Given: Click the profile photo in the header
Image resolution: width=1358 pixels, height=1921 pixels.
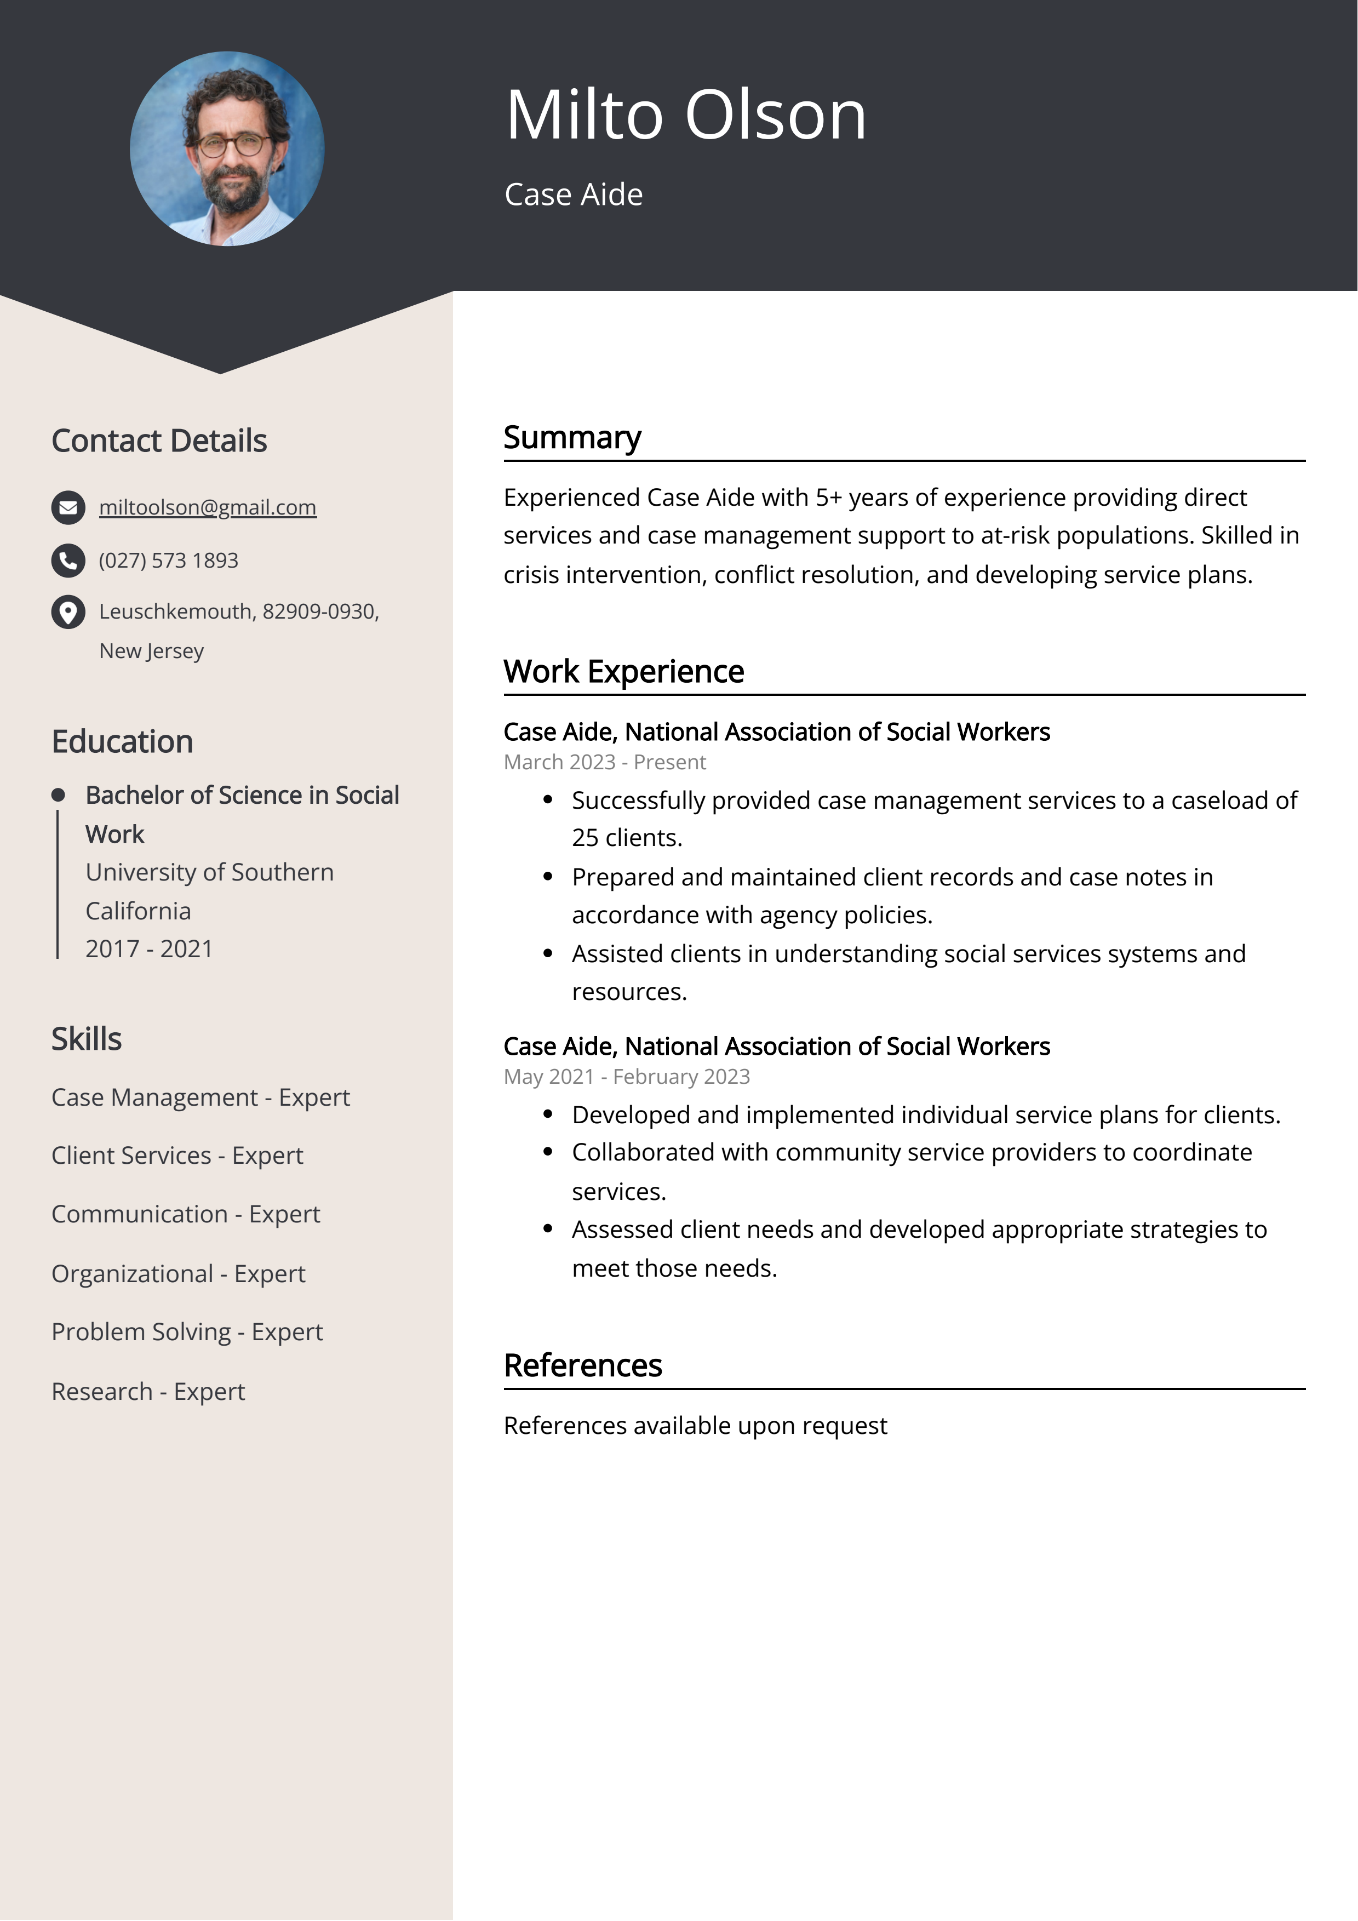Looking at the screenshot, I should point(227,149).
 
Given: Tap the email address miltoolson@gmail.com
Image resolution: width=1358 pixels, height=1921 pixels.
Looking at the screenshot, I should point(208,507).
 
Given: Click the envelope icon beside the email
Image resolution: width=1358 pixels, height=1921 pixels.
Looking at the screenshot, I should point(68,508).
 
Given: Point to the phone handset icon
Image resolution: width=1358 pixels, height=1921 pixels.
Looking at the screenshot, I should point(68,561).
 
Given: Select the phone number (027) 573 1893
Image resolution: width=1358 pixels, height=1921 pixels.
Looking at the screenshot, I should point(168,561).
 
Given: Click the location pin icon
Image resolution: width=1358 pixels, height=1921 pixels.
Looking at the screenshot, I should point(68,613).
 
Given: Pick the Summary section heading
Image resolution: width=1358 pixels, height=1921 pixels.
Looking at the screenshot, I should point(572,438).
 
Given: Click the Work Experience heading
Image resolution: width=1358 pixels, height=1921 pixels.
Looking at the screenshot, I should point(623,672).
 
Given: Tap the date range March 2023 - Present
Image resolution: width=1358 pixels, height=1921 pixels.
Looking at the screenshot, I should point(604,762).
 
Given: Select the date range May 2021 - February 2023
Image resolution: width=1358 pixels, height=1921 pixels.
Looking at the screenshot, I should point(626,1077).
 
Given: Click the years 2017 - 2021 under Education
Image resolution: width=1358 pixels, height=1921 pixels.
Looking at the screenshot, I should point(149,949).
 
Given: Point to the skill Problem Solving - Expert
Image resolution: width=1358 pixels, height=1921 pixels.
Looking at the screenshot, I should point(187,1332).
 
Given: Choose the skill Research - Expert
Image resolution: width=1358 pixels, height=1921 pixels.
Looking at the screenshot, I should point(148,1391).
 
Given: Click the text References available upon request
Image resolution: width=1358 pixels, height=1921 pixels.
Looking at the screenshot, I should point(695,1426).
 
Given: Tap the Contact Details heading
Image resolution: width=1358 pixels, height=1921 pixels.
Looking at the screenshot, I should point(159,441).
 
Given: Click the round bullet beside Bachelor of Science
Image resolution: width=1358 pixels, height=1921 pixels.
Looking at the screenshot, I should point(58,795).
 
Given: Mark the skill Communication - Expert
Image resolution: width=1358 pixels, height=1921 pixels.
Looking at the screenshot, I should point(186,1214).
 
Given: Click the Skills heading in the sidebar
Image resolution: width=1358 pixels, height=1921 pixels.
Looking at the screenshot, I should point(86,1039).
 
